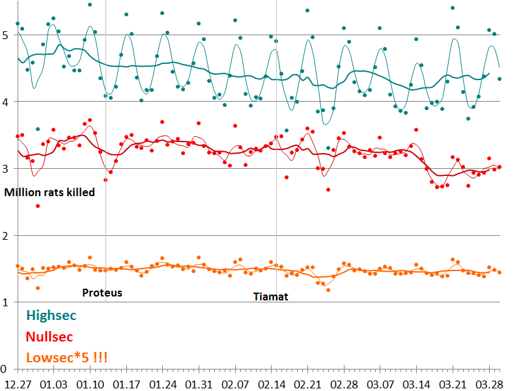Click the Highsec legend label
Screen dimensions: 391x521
click(x=51, y=315)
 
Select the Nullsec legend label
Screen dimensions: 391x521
click(x=49, y=337)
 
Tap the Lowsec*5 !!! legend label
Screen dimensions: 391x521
click(x=66, y=358)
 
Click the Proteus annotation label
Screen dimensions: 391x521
click(x=102, y=293)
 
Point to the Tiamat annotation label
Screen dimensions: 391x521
click(x=270, y=296)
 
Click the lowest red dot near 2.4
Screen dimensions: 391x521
click(x=38, y=206)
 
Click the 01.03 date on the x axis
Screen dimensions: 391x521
click(x=53, y=383)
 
